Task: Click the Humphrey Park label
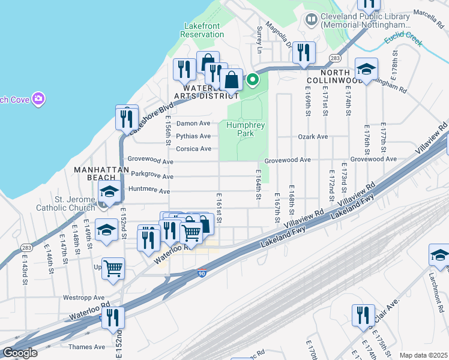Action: click(246, 129)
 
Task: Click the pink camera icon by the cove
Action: click(38, 98)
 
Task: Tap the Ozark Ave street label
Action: click(313, 137)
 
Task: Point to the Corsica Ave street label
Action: click(193, 149)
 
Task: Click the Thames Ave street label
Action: click(86, 347)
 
